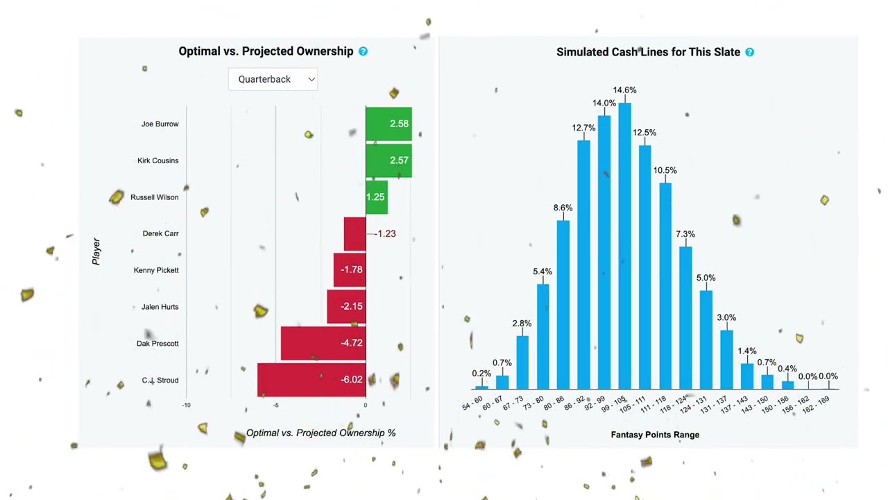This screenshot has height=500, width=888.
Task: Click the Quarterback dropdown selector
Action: pos(273,79)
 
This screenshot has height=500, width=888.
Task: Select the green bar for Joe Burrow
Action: pos(388,124)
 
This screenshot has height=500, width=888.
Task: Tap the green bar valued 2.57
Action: pos(388,160)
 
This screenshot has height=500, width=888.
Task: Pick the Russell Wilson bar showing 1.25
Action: pos(376,197)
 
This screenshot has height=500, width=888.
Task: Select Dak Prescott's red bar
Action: pos(323,343)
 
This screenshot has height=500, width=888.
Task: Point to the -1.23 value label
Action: pos(385,234)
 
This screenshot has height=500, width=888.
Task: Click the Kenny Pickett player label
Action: pos(156,270)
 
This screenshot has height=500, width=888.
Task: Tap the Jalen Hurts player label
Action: pos(160,307)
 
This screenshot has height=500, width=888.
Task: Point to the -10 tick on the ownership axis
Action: pos(186,405)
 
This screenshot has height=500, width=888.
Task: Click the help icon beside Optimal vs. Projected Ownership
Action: pos(363,51)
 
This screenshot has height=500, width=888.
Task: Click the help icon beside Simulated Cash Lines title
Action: pos(749,52)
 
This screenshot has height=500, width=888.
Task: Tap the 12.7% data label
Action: pos(583,128)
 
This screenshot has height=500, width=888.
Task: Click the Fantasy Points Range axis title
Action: pos(655,435)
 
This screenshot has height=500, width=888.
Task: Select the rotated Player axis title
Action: pos(96,251)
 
